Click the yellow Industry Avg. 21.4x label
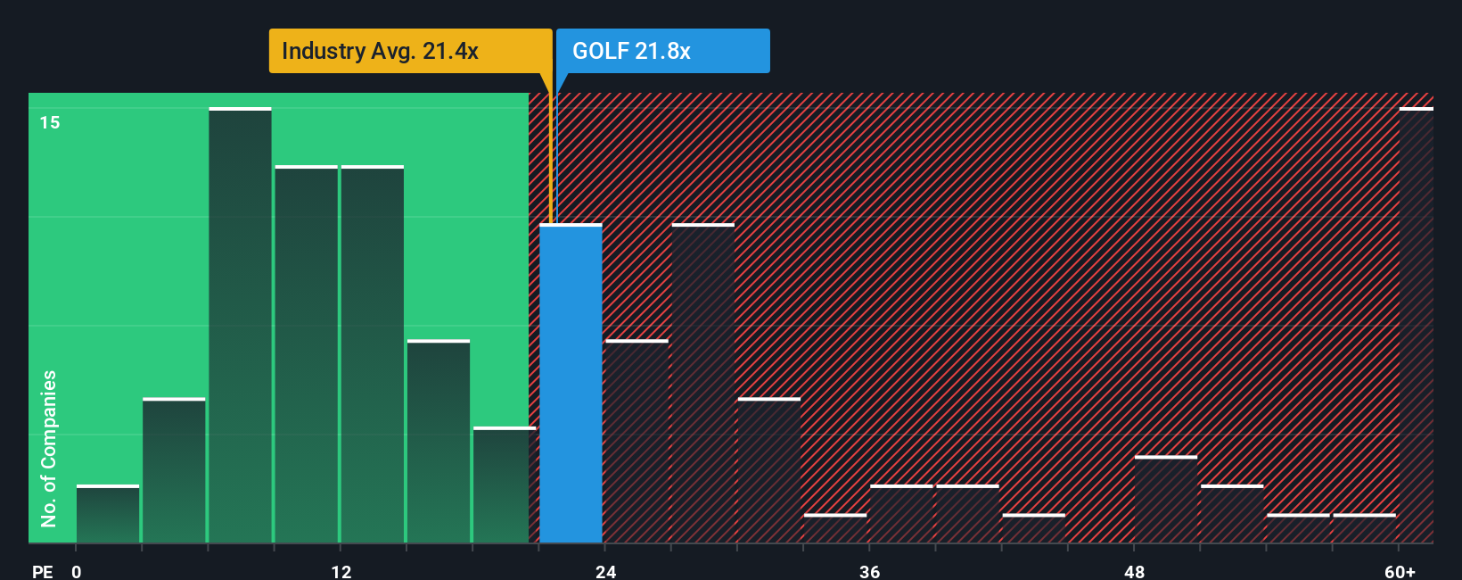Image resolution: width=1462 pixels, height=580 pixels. pos(410,51)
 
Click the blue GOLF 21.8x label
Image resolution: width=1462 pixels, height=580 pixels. pos(661,51)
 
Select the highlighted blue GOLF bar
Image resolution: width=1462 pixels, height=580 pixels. pos(571,384)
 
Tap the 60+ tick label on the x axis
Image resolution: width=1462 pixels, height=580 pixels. pos(1400,571)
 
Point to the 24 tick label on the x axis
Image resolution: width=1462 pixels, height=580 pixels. pos(605,571)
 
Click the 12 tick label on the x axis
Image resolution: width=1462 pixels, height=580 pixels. pos(341,571)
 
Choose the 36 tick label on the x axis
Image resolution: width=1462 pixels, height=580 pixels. pos(869,571)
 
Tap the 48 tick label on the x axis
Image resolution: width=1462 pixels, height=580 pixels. pos(1134,571)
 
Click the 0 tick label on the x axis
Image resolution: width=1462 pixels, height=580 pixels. pos(77,571)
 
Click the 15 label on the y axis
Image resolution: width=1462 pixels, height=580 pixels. pos(50,122)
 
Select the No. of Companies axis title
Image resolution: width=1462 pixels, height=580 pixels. pos(49,448)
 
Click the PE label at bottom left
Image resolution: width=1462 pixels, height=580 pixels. pos(42,571)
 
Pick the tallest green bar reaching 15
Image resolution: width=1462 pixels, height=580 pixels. pos(240,326)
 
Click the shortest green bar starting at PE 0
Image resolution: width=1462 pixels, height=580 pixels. pos(108,514)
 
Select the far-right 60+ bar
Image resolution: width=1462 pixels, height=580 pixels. pos(1416,326)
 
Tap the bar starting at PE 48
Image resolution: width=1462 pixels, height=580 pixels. pos(1166,500)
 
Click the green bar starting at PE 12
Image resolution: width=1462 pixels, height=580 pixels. pos(372,354)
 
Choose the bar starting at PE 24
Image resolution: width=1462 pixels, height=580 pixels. pos(637,442)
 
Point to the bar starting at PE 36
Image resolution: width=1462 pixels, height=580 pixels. pos(901,514)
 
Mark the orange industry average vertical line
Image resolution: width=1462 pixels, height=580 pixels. pos(550,161)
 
